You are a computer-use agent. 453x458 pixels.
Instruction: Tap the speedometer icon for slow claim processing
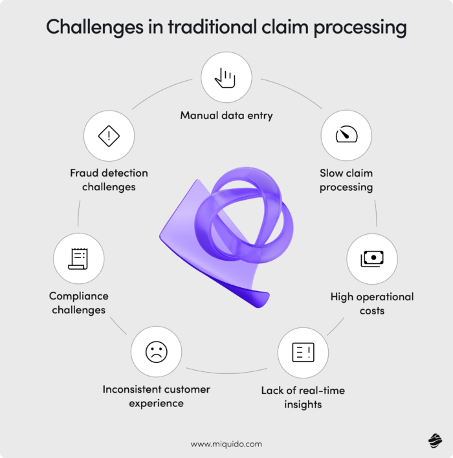pyautogui.click(x=346, y=135)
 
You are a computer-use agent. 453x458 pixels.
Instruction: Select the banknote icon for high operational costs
pyautogui.click(x=371, y=259)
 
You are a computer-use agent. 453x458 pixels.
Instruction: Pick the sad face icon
pyautogui.click(x=156, y=352)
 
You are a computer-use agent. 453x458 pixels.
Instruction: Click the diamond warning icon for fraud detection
pyautogui.click(x=109, y=136)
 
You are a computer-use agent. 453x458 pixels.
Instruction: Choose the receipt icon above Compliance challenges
pyautogui.click(x=78, y=259)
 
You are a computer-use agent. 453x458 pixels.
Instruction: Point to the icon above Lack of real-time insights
pyautogui.click(x=303, y=352)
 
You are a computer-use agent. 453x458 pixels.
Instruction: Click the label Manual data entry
pyautogui.click(x=226, y=116)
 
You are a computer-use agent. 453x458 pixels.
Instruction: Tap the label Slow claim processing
pyautogui.click(x=346, y=180)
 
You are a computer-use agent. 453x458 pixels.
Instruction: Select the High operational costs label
pyautogui.click(x=371, y=303)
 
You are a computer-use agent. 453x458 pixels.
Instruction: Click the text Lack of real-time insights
pyautogui.click(x=303, y=397)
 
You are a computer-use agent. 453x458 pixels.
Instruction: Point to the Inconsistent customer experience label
pyautogui.click(x=156, y=396)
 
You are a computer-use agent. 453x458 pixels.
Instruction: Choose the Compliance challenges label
pyautogui.click(x=78, y=303)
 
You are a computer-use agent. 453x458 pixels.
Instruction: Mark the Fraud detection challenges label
pyautogui.click(x=109, y=180)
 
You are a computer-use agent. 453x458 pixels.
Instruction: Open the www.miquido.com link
pyautogui.click(x=226, y=444)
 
